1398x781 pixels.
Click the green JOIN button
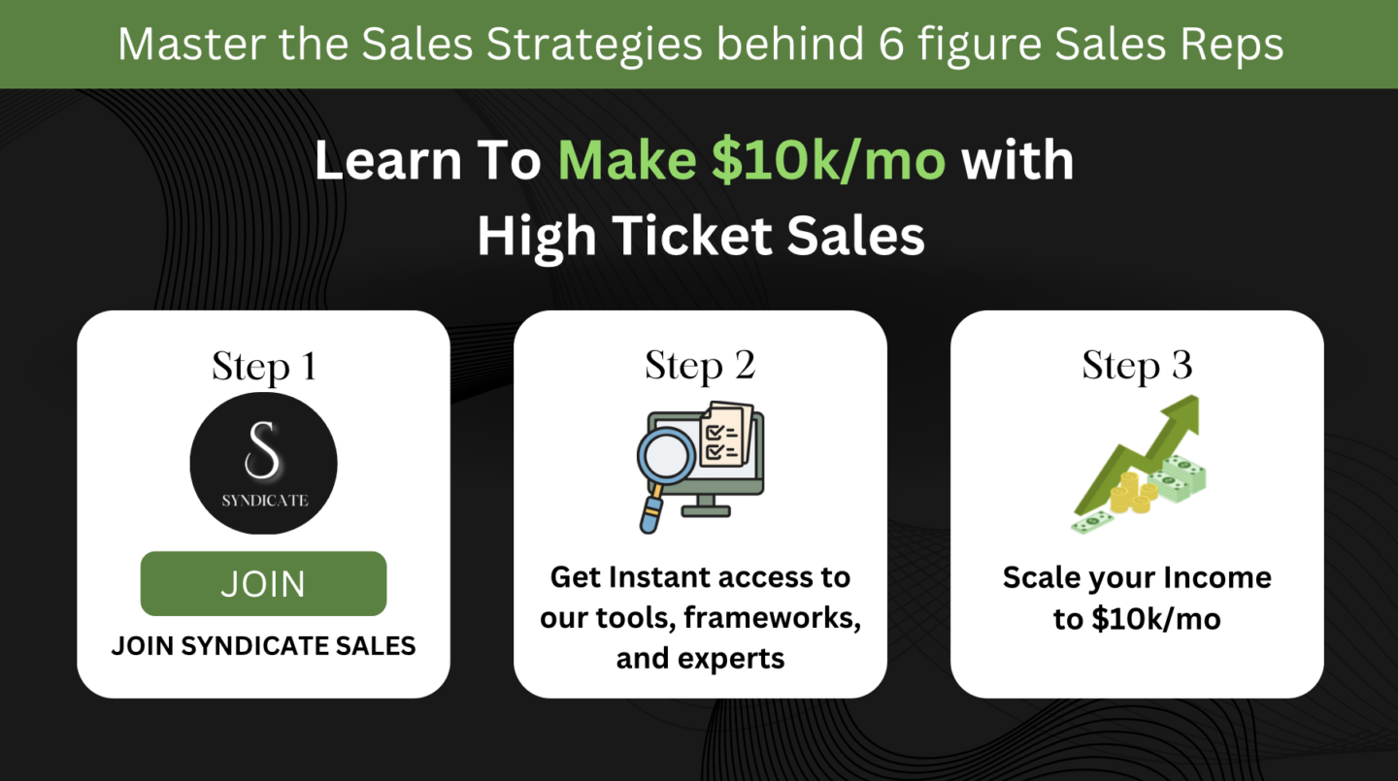pyautogui.click(x=263, y=583)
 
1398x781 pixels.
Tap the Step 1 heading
pyautogui.click(x=264, y=367)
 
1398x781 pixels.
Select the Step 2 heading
pyautogui.click(x=700, y=366)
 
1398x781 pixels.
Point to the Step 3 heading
pyautogui.click(x=1137, y=366)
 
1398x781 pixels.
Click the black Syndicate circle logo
pyautogui.click(x=263, y=463)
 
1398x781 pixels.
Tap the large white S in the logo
pyautogui.click(x=262, y=450)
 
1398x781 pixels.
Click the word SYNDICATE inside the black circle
pyautogui.click(x=265, y=501)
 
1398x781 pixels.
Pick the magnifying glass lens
pyautogui.click(x=666, y=456)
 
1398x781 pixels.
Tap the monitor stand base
pyautogui.click(x=706, y=511)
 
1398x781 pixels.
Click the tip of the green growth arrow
pyautogui.click(x=1198, y=397)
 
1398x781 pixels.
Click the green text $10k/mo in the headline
pyautogui.click(x=829, y=160)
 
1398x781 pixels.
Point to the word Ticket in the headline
pyautogui.click(x=691, y=236)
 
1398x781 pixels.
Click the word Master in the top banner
pyautogui.click(x=190, y=44)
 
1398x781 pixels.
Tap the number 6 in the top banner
pyautogui.click(x=891, y=45)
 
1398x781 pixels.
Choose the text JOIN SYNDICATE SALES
pyautogui.click(x=263, y=646)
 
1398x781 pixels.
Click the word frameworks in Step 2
pyautogui.click(x=773, y=618)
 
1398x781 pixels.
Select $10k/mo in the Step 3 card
pyautogui.click(x=1156, y=619)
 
